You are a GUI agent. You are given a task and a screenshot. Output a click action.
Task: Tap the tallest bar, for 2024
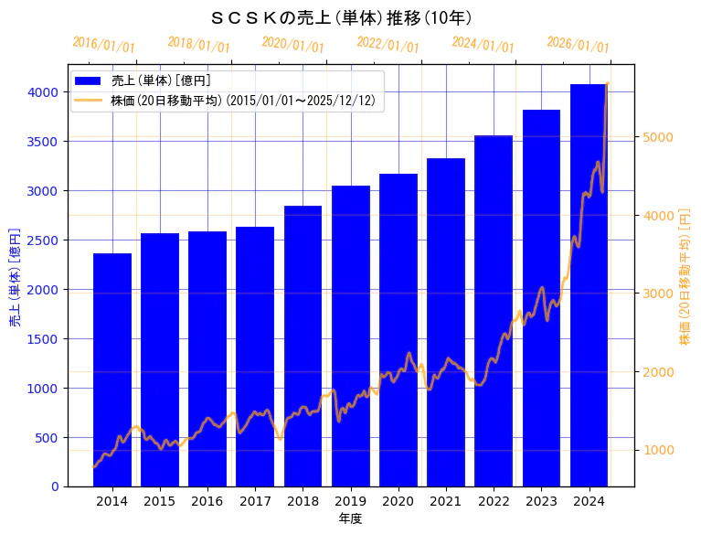[589, 284]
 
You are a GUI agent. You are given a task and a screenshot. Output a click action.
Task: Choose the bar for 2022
[494, 311]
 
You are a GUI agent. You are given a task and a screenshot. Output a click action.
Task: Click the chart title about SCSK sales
[341, 17]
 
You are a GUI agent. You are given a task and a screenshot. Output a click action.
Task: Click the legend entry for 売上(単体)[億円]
[155, 80]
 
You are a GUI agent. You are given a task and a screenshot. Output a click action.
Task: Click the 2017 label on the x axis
[255, 501]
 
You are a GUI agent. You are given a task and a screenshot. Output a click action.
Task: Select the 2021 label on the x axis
[445, 501]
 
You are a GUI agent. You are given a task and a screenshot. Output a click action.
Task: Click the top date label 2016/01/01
[103, 45]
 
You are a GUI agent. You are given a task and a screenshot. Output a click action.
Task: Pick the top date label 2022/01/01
[388, 45]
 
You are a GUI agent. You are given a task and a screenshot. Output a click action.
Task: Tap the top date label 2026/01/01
[578, 45]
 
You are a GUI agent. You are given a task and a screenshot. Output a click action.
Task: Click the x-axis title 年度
[350, 518]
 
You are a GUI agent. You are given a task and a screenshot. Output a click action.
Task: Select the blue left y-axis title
[15, 277]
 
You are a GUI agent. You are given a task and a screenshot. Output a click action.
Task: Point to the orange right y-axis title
[685, 275]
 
